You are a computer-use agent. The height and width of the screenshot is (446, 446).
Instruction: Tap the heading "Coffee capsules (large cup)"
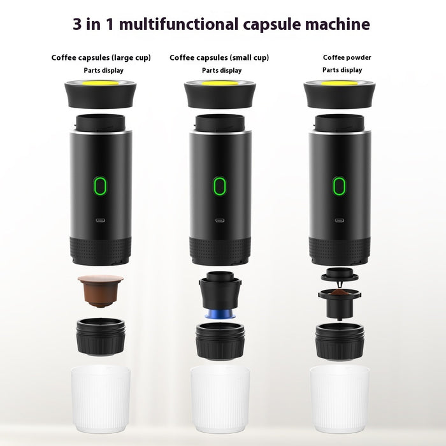coord(101,58)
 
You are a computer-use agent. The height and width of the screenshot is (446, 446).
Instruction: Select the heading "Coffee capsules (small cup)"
coord(219,58)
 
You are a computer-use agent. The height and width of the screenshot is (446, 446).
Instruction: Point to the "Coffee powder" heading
coord(347,58)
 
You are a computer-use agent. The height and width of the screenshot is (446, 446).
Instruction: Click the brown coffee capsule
coord(99,290)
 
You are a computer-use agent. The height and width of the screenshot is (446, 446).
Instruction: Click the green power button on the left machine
coord(100,186)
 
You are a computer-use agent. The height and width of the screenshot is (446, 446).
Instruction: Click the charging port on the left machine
coord(100,221)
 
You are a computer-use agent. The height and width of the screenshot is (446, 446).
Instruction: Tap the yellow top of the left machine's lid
coord(101,83)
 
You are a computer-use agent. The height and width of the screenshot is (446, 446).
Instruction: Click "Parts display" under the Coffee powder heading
coord(342,70)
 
